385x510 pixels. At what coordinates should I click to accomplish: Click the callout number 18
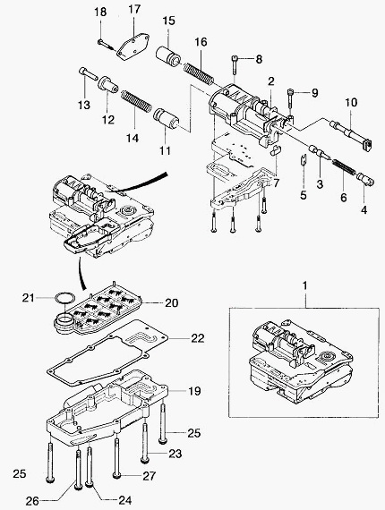point(100,13)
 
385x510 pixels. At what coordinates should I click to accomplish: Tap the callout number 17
point(134,9)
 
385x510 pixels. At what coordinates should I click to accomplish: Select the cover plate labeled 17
point(133,47)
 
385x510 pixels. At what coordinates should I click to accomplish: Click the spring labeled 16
point(199,72)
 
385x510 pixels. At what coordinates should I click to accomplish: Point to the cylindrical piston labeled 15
point(168,57)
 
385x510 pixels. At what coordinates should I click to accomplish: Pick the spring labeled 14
point(136,101)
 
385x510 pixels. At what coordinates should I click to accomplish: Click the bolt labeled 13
point(89,74)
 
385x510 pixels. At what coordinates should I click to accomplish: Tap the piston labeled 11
point(166,118)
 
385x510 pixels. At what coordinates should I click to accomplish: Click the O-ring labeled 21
point(64,298)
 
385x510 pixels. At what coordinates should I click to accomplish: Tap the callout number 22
point(198,338)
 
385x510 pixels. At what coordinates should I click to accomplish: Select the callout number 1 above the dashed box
point(304,285)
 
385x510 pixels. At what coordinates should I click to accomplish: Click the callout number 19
point(194,391)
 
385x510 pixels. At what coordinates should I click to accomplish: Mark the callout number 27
point(150,476)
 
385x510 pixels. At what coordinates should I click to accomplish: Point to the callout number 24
point(125,500)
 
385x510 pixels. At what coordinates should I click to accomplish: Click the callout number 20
point(172,302)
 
